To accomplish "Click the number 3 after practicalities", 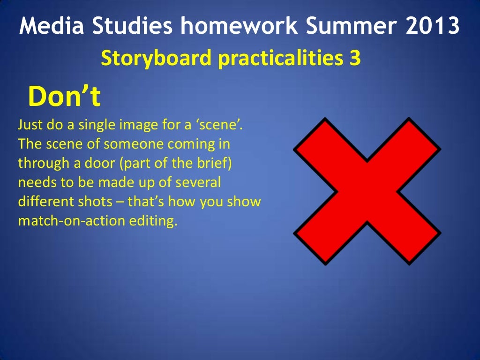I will pyautogui.click(x=355, y=59).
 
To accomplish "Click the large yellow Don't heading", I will pyautogui.click(x=65, y=97).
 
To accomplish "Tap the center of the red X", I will pyautogui.click(x=367, y=191).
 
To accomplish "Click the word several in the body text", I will pyautogui.click(x=200, y=182).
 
